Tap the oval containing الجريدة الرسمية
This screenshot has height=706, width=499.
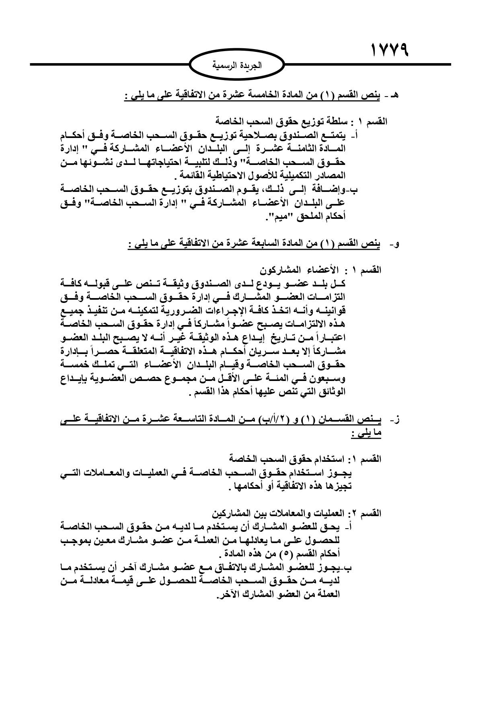(236, 65)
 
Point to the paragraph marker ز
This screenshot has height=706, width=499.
(396, 420)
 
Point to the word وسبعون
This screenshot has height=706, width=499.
(326, 379)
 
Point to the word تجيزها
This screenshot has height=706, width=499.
(338, 487)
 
